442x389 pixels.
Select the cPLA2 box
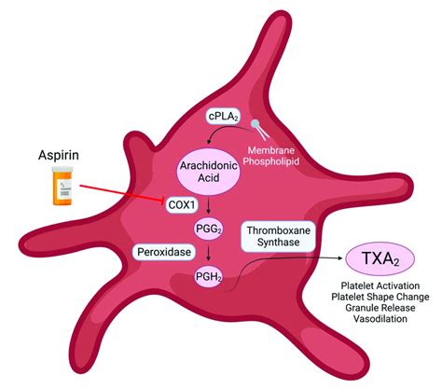[225, 118]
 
